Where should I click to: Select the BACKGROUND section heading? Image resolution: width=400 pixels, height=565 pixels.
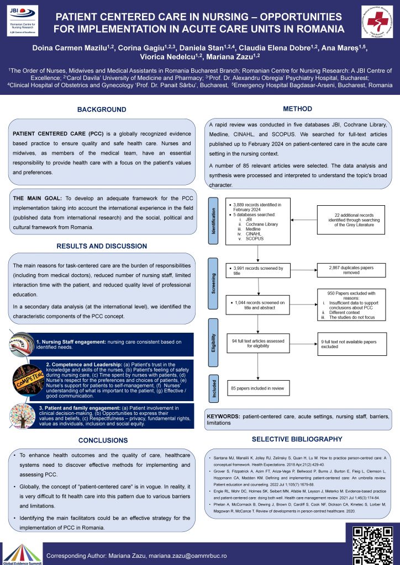102,110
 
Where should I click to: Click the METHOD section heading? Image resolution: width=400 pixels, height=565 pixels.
297,109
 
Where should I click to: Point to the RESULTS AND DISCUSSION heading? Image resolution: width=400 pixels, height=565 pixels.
102,246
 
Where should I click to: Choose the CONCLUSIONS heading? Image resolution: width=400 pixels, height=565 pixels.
102,440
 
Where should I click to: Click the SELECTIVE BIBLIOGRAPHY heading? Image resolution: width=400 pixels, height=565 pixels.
297,439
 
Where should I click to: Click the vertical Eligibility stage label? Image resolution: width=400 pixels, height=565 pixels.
213,343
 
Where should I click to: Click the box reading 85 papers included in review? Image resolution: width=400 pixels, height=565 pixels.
257,388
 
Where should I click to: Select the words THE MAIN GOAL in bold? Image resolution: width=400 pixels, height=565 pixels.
37,198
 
